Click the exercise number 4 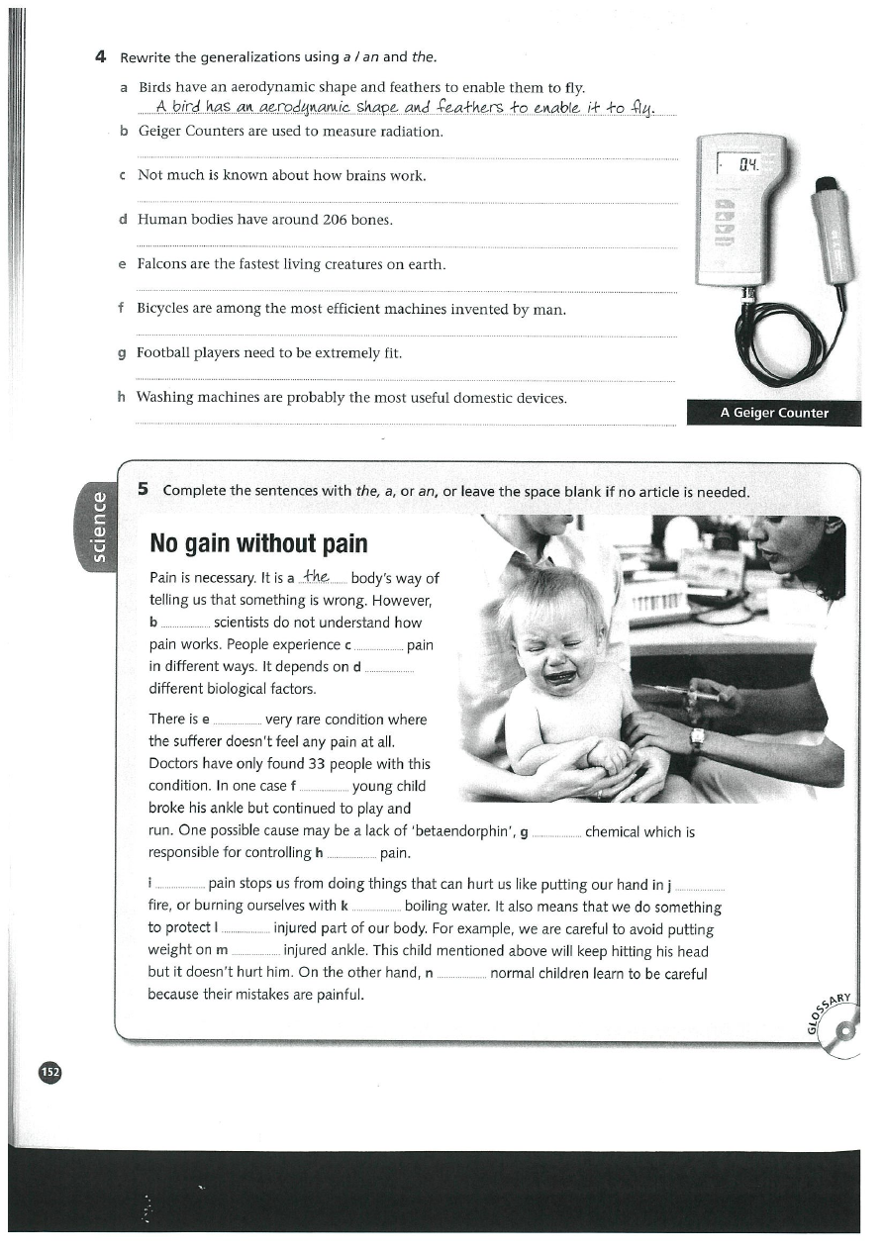click(100, 56)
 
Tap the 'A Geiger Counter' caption click(773, 413)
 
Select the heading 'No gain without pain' click(257, 543)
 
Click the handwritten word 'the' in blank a click(317, 577)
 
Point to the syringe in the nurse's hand click(683, 694)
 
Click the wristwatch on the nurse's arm click(697, 737)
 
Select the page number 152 click(50, 1072)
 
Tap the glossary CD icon click(844, 1033)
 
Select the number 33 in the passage click(316, 763)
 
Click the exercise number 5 click(144, 489)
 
